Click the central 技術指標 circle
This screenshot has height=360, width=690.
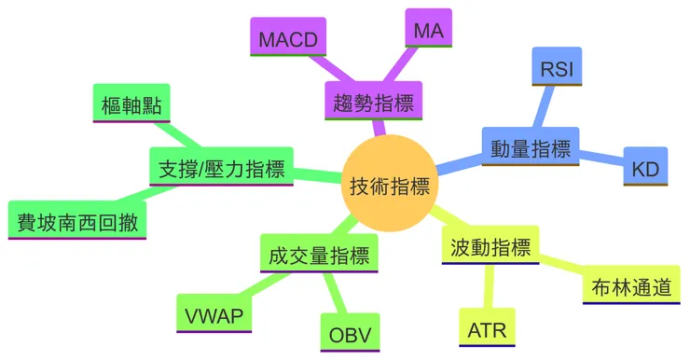click(x=389, y=186)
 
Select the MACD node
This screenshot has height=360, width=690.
click(x=289, y=39)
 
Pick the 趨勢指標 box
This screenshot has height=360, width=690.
click(x=372, y=101)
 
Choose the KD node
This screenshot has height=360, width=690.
click(x=645, y=169)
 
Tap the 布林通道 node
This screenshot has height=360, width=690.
click(x=630, y=286)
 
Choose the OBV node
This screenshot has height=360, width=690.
click(x=350, y=333)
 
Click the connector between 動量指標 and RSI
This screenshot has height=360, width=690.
click(x=544, y=104)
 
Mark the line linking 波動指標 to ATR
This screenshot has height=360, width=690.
click(x=487, y=287)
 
